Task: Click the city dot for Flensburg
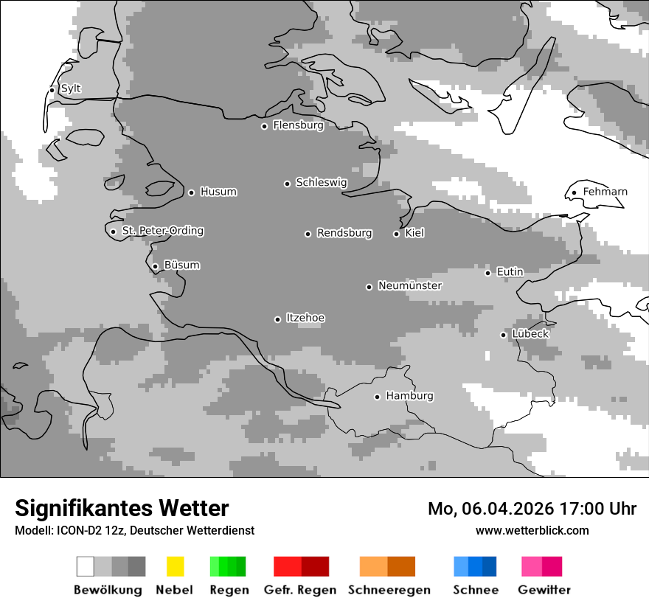[264, 126]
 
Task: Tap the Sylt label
[71, 88]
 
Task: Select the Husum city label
[218, 192]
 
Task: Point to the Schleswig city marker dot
[287, 184]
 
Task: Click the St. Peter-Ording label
[162, 231]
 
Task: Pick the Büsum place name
[181, 265]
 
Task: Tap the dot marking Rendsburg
[308, 234]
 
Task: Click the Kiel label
[414, 233]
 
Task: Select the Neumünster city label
[409, 285]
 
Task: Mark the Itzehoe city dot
[277, 319]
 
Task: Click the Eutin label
[510, 272]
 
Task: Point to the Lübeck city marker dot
[503, 335]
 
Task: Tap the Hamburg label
[409, 396]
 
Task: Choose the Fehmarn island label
[605, 192]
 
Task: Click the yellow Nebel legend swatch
[175, 566]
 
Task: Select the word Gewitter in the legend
[544, 590]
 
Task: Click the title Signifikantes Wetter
[122, 508]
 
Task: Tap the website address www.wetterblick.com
[532, 530]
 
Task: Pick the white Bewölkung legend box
[86, 566]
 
